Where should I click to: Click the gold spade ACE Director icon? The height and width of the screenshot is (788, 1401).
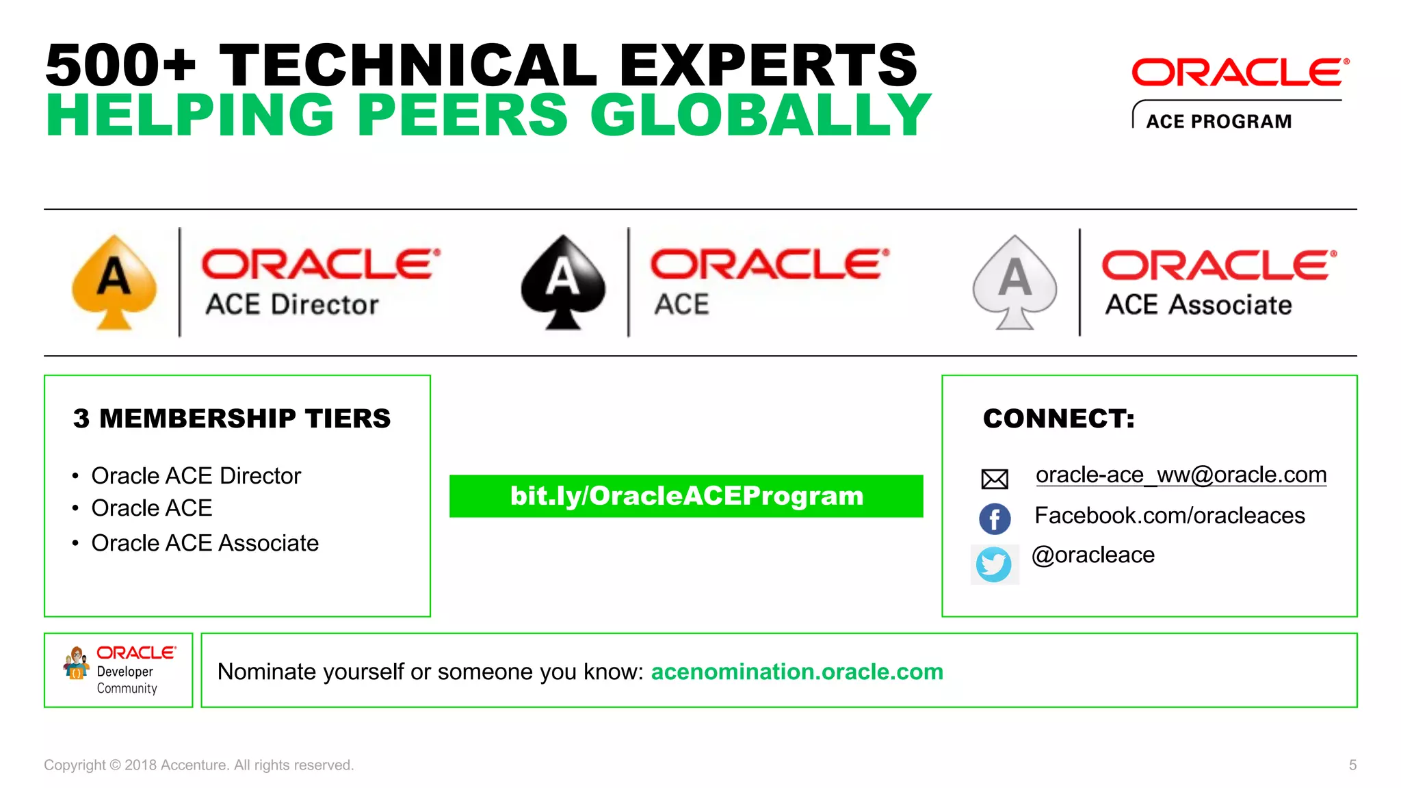[114, 282]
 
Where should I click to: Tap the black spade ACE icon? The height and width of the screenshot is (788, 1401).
[563, 282]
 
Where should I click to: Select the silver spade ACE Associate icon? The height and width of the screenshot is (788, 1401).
[1014, 282]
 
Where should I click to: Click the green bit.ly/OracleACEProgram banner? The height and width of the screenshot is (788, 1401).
[686, 496]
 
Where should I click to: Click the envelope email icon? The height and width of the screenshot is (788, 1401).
[995, 479]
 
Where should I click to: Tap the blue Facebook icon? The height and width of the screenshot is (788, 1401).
[995, 518]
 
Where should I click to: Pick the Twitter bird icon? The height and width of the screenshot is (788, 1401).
[994, 564]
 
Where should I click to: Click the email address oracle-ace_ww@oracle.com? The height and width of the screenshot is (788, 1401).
[1181, 475]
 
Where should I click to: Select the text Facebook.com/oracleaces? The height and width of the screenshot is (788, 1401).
[1169, 516]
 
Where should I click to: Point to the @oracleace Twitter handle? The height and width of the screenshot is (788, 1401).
[1092, 555]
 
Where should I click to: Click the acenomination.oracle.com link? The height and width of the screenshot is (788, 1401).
[797, 672]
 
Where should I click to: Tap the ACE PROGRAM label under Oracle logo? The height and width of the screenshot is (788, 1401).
[1219, 122]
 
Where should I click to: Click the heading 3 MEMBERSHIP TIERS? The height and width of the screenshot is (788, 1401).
[232, 419]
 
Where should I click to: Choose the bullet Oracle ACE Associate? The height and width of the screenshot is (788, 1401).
[205, 543]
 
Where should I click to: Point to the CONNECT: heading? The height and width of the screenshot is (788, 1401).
[1058, 419]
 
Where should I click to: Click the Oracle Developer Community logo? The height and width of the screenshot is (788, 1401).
[119, 670]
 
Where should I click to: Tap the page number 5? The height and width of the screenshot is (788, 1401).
[1352, 765]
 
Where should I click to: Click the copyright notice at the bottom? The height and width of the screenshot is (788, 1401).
[198, 765]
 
